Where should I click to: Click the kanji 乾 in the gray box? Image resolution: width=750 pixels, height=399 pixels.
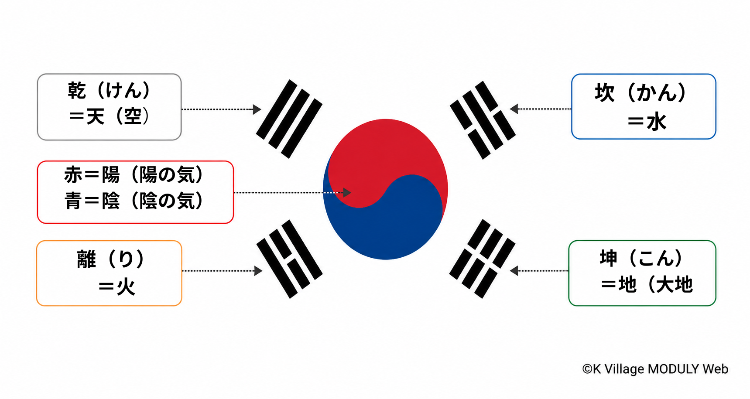77,91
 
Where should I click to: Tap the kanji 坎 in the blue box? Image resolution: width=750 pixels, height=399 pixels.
604,93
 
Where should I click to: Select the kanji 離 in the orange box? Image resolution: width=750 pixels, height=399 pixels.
86,259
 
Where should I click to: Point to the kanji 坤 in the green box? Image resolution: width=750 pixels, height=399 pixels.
609,258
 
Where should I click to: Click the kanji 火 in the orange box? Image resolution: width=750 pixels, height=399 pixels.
126,287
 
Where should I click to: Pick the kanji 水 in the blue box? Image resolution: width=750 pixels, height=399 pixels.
657,122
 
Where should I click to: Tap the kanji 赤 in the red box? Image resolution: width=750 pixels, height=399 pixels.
73,174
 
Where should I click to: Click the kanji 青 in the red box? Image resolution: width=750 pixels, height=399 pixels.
73,201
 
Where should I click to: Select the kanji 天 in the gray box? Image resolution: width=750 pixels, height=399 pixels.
96,116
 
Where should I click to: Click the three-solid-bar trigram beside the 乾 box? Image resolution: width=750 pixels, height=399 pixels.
289,119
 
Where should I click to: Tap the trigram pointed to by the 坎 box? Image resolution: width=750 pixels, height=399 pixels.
483,120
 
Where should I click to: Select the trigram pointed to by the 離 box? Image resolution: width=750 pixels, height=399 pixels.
290,259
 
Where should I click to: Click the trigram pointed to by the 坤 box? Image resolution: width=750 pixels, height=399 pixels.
482,259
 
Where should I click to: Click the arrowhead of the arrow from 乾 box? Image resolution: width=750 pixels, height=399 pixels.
257,109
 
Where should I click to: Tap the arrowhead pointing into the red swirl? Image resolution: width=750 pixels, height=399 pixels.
347,192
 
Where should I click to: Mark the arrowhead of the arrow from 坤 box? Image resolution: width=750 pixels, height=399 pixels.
514,271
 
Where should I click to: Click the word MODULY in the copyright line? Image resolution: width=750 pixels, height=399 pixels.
674,369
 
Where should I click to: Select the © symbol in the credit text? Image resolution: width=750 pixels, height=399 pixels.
587,369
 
